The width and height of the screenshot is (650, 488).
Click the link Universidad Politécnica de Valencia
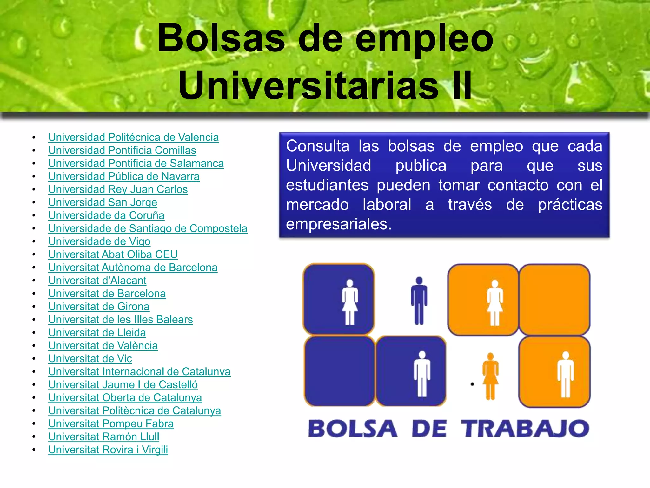(133, 138)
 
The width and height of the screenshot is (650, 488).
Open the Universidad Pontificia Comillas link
(122, 151)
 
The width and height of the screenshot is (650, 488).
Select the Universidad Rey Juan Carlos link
(118, 190)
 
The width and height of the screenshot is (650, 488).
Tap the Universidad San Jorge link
(103, 203)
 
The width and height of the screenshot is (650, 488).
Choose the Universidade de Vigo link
(99, 242)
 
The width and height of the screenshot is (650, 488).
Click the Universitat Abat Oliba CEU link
(113, 255)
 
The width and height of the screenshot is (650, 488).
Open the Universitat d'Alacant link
(97, 281)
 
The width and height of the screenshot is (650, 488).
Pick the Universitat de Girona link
(99, 307)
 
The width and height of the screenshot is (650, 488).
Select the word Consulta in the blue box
(317, 146)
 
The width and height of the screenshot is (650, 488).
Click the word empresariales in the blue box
(338, 224)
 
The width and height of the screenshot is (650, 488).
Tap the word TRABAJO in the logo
(525, 429)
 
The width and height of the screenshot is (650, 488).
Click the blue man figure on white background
(419, 301)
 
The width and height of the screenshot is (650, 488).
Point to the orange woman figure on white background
(490, 376)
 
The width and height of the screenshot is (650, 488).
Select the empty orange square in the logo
(554, 300)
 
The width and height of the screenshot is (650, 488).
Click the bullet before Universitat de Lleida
(34, 333)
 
